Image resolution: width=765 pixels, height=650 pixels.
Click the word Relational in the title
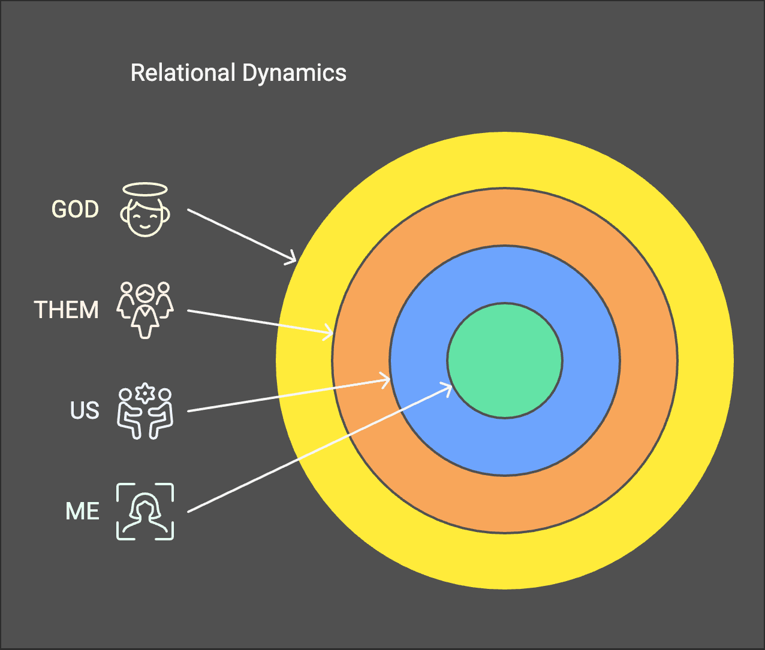tap(183, 73)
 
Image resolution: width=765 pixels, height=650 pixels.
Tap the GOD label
tap(75, 210)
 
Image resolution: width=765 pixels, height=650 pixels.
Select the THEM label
tap(66, 310)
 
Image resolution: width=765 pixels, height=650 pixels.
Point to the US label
tap(85, 411)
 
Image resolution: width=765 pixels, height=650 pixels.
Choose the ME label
tap(82, 512)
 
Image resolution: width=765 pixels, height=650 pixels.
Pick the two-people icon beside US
tap(145, 412)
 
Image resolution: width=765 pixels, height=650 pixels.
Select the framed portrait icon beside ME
tap(145, 512)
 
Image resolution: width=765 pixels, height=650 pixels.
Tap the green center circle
tap(504, 361)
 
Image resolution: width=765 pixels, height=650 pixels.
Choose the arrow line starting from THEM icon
tap(258, 321)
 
